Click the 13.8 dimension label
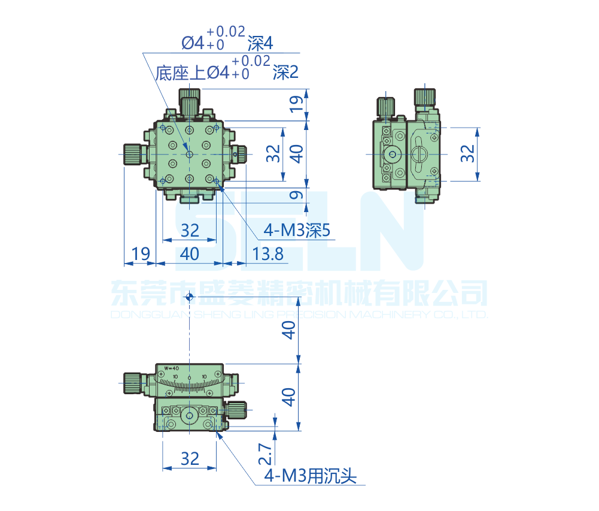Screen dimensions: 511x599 [267, 254]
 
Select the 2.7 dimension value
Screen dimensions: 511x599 [266, 452]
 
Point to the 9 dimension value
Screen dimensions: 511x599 [294, 195]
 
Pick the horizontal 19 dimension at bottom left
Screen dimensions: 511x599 [140, 254]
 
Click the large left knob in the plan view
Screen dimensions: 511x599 [132, 154]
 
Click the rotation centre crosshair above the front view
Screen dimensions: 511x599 [190, 297]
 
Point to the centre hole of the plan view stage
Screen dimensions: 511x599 [190, 154]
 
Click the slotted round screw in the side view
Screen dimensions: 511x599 [419, 154]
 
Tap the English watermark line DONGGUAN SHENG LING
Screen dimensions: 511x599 [299, 315]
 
